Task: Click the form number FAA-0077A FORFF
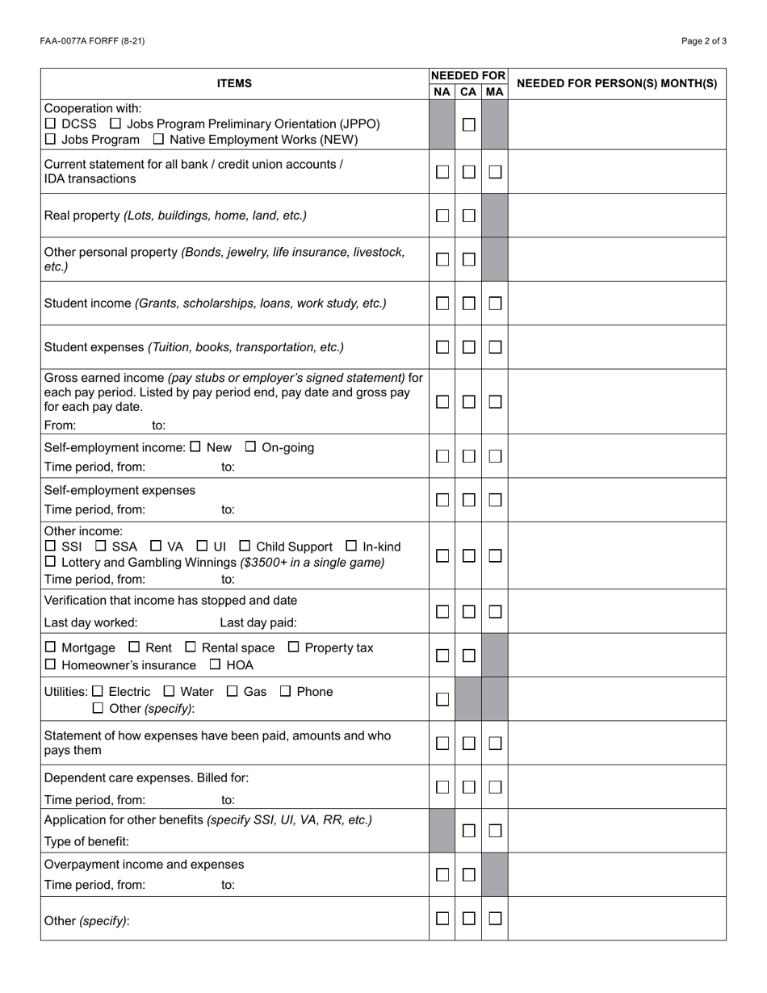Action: coord(92,41)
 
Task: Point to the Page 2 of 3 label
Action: coord(703,41)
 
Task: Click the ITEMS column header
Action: coord(234,83)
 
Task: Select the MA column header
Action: coord(494,92)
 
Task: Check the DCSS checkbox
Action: coord(51,124)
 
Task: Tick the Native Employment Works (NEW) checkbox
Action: coord(159,139)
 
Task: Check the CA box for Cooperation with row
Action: coord(468,124)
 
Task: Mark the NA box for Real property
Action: coord(442,216)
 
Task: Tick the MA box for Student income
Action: coord(495,304)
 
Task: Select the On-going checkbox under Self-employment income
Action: coord(250,446)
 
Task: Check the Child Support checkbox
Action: coord(245,546)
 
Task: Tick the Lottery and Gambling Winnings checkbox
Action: coord(51,561)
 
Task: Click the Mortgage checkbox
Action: coord(51,647)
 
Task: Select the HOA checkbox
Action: coord(216,664)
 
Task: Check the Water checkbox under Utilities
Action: coord(169,691)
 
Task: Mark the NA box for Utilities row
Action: coord(442,699)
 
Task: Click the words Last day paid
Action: coord(258,622)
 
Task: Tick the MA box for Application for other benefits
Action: coord(495,831)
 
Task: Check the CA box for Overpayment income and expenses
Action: coord(468,874)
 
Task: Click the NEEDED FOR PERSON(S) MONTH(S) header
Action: coord(616,83)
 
